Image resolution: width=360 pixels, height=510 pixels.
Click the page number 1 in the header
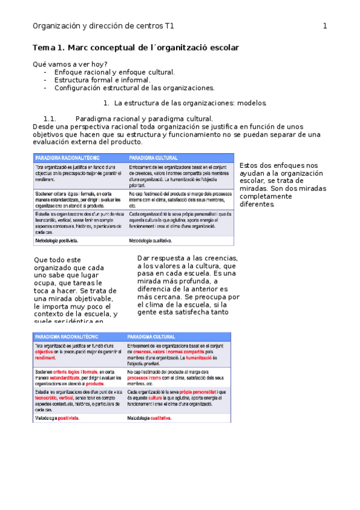coord(325,26)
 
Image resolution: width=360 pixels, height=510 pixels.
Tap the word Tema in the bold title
coord(43,48)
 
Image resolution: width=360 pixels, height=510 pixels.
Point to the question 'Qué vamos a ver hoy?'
coord(70,64)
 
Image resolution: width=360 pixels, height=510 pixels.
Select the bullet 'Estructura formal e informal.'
coord(102,79)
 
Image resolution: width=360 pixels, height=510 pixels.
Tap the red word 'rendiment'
coord(45,357)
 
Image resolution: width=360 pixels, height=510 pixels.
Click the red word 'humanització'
coord(188,357)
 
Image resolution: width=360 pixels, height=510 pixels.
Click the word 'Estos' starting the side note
coord(249,165)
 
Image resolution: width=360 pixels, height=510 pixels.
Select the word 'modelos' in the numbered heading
coord(252,103)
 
